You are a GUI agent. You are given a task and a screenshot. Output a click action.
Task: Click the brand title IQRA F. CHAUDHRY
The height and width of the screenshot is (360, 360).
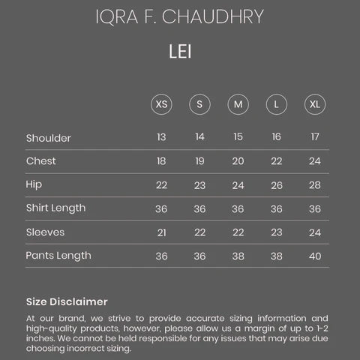tap(180, 16)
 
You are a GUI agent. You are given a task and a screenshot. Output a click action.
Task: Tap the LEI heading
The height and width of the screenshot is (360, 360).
tap(180, 52)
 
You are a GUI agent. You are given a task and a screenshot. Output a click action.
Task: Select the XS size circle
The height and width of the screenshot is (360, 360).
tap(161, 104)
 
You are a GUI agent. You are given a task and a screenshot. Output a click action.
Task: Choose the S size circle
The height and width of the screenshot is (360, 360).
tap(199, 104)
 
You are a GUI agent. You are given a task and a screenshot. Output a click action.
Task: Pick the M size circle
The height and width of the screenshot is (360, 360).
tap(238, 104)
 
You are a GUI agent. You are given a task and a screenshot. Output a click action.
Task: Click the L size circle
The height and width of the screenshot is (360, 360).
tap(276, 104)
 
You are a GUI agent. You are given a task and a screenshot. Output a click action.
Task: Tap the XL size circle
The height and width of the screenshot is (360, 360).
tap(314, 104)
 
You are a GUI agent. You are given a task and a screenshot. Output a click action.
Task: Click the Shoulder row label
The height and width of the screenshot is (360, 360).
tap(49, 138)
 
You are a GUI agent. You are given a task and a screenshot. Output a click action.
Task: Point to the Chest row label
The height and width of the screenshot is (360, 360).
tap(41, 161)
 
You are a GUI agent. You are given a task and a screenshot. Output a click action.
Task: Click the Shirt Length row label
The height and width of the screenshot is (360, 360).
tap(56, 208)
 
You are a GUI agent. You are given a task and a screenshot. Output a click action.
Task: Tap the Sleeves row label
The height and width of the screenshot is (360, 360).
tap(45, 232)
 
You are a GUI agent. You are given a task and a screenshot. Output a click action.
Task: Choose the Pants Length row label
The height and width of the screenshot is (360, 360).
tap(58, 255)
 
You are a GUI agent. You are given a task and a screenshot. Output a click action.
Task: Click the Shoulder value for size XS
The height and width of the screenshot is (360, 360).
tap(161, 137)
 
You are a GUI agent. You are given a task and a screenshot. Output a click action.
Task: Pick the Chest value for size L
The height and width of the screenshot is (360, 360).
tap(276, 161)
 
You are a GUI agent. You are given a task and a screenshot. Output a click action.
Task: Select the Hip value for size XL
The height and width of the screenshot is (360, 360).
tap(314, 185)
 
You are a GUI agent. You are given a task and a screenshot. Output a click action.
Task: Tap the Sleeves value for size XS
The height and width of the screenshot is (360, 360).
tap(161, 232)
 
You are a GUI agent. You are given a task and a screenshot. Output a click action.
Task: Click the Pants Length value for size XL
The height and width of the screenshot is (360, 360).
tap(314, 256)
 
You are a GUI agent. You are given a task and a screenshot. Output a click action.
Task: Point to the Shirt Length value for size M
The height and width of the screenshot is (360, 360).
tap(238, 208)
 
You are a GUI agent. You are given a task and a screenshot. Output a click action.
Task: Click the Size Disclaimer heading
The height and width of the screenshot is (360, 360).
tap(67, 301)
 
